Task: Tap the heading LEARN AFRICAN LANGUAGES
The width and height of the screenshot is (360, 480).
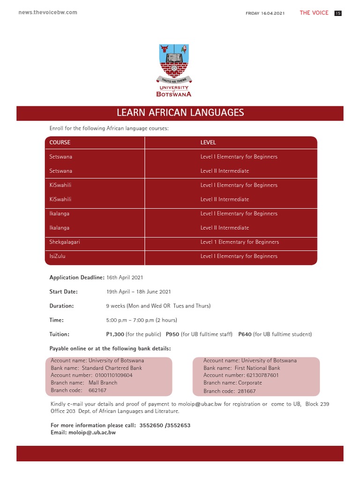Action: coord(180,112)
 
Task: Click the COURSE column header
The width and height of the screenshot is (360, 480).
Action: coord(60,142)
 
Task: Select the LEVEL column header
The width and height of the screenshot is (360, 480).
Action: coord(208,142)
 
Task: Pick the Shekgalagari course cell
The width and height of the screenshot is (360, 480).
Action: coord(68,242)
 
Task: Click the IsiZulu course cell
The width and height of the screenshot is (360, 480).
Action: coord(59,256)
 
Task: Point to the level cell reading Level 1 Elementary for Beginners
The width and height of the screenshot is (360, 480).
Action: coord(240,242)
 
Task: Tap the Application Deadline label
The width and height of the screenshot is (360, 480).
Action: coord(76,277)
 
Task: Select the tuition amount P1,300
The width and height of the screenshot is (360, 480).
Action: coord(115,334)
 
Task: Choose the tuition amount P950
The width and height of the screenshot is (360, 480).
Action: coord(172,334)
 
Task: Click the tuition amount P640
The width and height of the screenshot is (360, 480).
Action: coord(245,334)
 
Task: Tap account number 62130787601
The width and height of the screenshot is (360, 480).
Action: coord(262,375)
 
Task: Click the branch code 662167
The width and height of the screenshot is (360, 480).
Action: coord(97,390)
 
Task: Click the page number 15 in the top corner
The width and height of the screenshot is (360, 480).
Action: coord(337,13)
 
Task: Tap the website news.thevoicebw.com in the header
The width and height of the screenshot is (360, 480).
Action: coord(48,12)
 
